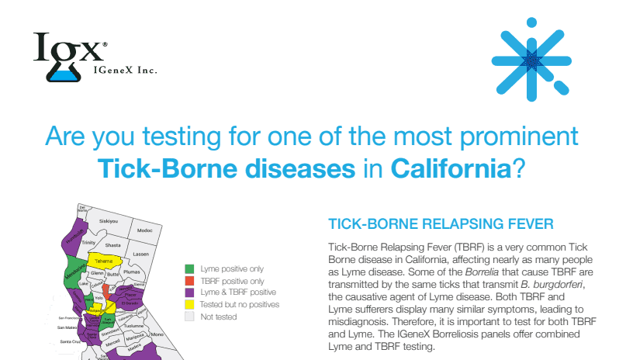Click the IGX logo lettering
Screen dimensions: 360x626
click(x=68, y=49)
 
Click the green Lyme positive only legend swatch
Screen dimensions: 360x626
click(x=189, y=268)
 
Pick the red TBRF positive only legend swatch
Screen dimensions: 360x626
click(x=189, y=281)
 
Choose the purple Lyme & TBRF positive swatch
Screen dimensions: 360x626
click(x=189, y=292)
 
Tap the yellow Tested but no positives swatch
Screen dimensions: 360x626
click(x=189, y=305)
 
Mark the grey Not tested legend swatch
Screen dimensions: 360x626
click(x=189, y=317)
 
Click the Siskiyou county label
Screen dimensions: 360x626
click(x=108, y=221)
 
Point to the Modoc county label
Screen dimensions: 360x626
click(x=144, y=230)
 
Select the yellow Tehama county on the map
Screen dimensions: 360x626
click(x=104, y=261)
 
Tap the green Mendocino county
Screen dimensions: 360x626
click(x=75, y=274)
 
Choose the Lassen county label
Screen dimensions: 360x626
click(x=140, y=254)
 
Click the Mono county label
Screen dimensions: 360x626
click(x=158, y=334)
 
